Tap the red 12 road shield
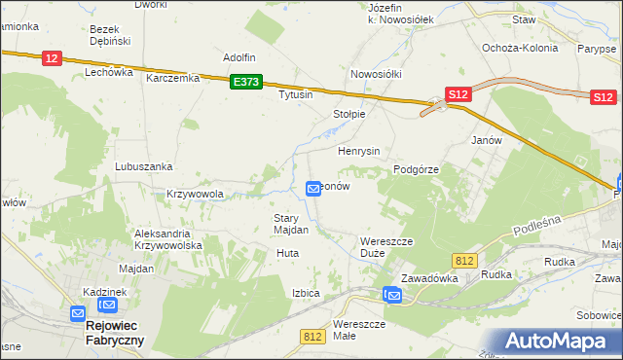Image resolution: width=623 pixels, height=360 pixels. coord(53,59)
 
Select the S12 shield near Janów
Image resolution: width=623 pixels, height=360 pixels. coord(458,93)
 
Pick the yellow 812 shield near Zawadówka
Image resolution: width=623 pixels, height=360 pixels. coord(464,259)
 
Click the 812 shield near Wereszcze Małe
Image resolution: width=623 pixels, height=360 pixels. coord(312,337)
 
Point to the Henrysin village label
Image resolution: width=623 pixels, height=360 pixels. coord(358,152)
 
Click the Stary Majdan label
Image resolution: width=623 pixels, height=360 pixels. coord(290,224)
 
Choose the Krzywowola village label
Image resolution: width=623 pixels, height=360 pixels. coord(195,194)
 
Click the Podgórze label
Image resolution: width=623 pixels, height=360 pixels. coord(417,169)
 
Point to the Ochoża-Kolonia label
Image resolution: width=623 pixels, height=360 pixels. coord(520,47)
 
